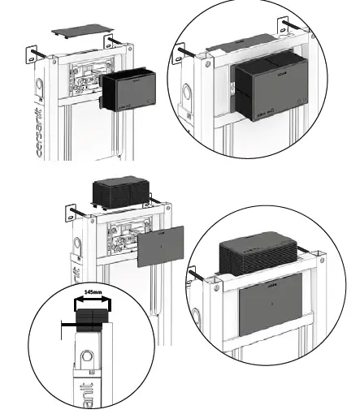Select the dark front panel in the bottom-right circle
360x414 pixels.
pos(268,309)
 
